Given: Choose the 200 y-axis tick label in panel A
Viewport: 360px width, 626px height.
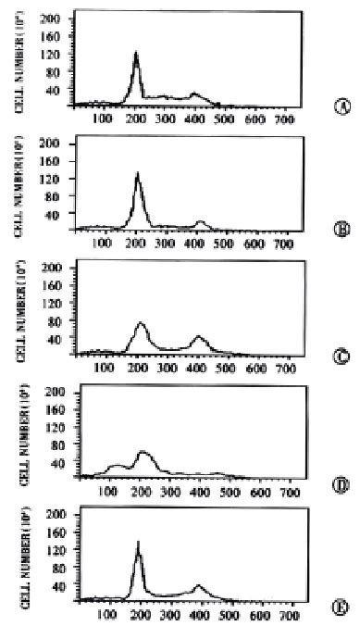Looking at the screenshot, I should point(51,19).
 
